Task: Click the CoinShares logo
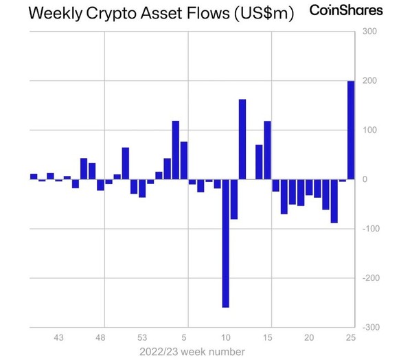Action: tap(351, 10)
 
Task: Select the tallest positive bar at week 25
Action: tap(351, 130)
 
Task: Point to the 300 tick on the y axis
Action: tap(370, 32)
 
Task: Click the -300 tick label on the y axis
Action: tap(370, 328)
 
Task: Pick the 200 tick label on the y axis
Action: tap(370, 81)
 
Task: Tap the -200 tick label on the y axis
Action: tap(370, 278)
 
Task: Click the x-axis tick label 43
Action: tap(59, 338)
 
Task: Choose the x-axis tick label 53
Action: tap(142, 338)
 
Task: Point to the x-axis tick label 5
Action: tap(184, 338)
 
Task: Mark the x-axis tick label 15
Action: tap(267, 338)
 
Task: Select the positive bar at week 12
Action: tap(242, 139)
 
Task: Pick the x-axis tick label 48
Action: tap(101, 338)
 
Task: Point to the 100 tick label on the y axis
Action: tap(370, 130)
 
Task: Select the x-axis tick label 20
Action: tap(309, 338)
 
